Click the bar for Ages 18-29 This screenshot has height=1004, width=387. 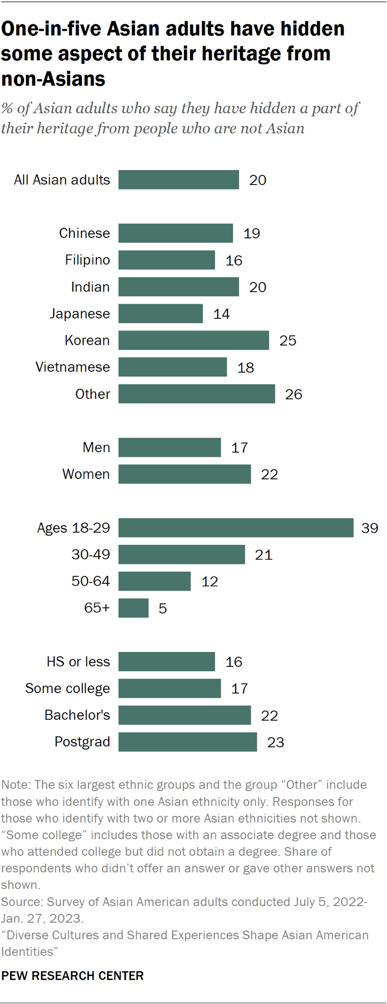[x=236, y=528]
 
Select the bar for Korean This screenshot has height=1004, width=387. [x=193, y=340]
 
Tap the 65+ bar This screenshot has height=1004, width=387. [x=134, y=608]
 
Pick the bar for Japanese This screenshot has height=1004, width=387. [x=160, y=314]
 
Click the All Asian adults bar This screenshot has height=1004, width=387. [x=179, y=180]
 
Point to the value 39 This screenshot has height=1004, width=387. [x=370, y=528]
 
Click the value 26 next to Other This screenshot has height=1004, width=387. [x=293, y=394]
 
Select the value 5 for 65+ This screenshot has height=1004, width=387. [x=163, y=608]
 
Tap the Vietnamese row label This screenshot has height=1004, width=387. [x=73, y=367]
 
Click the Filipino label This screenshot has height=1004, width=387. [x=88, y=260]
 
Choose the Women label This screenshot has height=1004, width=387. [x=86, y=474]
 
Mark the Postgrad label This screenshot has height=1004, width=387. [x=82, y=742]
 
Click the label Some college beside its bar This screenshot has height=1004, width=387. [x=68, y=688]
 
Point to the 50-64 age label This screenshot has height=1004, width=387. [x=91, y=581]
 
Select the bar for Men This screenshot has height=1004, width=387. [x=170, y=447]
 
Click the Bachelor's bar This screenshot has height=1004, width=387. [x=184, y=715]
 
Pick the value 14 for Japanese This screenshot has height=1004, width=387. [x=222, y=314]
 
